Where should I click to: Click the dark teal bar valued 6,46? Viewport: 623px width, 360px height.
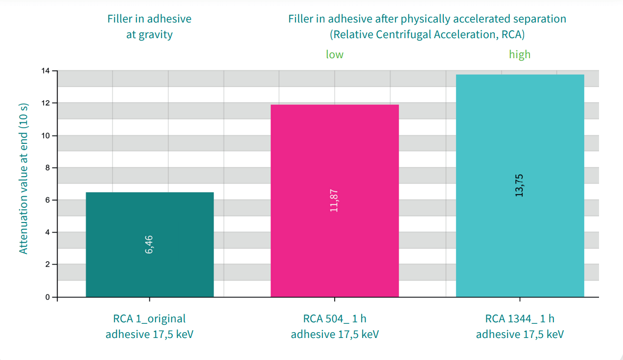(150, 245)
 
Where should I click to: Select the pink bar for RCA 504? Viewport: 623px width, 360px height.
(335, 201)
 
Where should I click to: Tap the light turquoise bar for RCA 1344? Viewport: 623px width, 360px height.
(520, 186)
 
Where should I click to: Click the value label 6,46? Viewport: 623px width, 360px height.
(149, 245)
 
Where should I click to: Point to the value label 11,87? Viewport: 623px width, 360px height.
(334, 201)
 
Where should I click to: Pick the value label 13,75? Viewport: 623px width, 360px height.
(519, 185)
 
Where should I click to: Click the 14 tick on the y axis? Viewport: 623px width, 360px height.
(46, 71)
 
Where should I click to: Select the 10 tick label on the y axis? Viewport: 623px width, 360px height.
(46, 135)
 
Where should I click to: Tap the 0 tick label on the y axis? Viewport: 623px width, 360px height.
(47, 297)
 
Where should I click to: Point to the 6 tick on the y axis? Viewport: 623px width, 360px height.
(47, 200)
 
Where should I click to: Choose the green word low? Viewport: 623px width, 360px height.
(335, 54)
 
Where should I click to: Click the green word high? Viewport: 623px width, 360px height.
(520, 54)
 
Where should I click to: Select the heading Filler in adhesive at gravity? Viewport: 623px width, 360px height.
(149, 27)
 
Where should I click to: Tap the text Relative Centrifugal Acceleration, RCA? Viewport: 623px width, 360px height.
(427, 34)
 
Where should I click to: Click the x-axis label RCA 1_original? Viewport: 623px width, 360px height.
(149, 319)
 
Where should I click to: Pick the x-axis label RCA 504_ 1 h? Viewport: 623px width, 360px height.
(335, 318)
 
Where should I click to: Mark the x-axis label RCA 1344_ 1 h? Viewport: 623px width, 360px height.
(520, 318)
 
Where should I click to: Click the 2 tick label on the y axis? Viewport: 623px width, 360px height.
(47, 264)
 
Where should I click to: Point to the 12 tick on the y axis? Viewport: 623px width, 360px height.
(46, 103)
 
